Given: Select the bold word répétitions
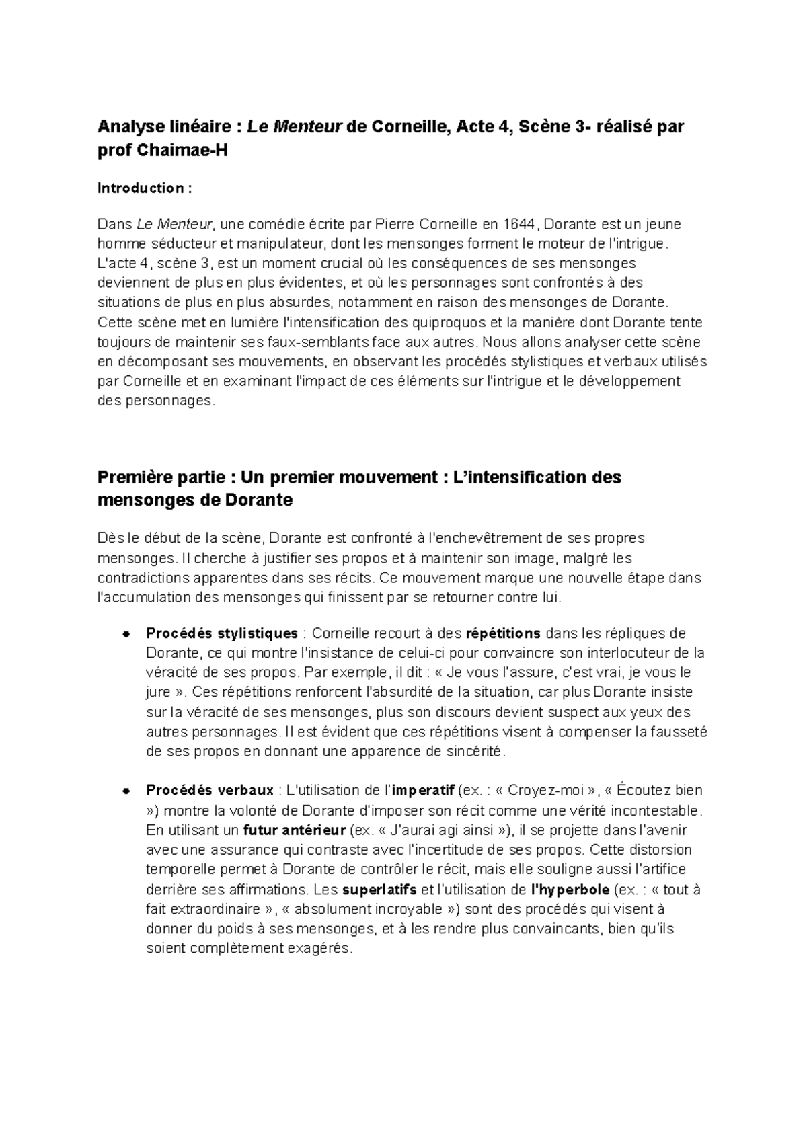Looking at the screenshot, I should [503, 633].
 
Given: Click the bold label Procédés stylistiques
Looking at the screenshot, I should [222, 633].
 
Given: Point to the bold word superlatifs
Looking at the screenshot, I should [379, 890].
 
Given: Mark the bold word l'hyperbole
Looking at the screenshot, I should [570, 890].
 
